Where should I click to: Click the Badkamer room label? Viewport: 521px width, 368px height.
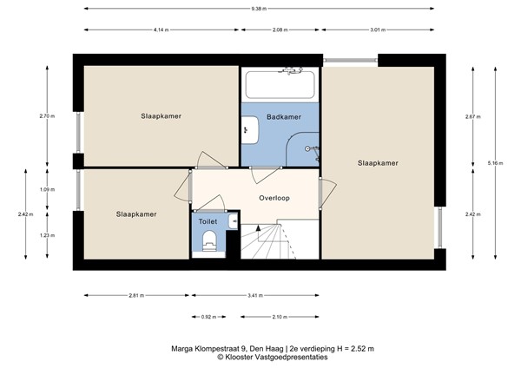284,117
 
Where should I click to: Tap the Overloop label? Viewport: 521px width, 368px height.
274,198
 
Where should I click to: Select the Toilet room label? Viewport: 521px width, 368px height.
208,221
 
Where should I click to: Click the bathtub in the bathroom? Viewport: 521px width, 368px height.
280,85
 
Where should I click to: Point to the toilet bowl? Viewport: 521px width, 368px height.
209,240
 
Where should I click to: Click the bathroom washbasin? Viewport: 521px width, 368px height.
249,130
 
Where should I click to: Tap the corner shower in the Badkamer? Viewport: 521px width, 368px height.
302,149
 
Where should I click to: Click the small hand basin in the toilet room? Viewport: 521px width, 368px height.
234,221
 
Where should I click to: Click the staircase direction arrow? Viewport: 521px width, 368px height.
258,228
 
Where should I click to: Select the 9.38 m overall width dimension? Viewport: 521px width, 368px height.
259,9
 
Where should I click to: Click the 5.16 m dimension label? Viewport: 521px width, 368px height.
495,163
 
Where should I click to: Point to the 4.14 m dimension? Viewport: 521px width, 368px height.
162,30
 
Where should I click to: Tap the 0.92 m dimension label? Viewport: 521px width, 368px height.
208,317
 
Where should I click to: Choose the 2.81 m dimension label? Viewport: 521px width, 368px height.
136,296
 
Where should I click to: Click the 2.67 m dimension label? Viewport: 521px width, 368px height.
473,117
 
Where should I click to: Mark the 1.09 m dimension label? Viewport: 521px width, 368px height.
47,190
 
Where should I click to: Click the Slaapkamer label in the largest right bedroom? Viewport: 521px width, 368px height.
378,163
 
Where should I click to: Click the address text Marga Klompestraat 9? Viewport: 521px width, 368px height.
208,349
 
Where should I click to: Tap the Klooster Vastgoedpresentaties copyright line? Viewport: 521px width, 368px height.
273,358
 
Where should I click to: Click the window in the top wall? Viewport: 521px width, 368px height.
351,61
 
